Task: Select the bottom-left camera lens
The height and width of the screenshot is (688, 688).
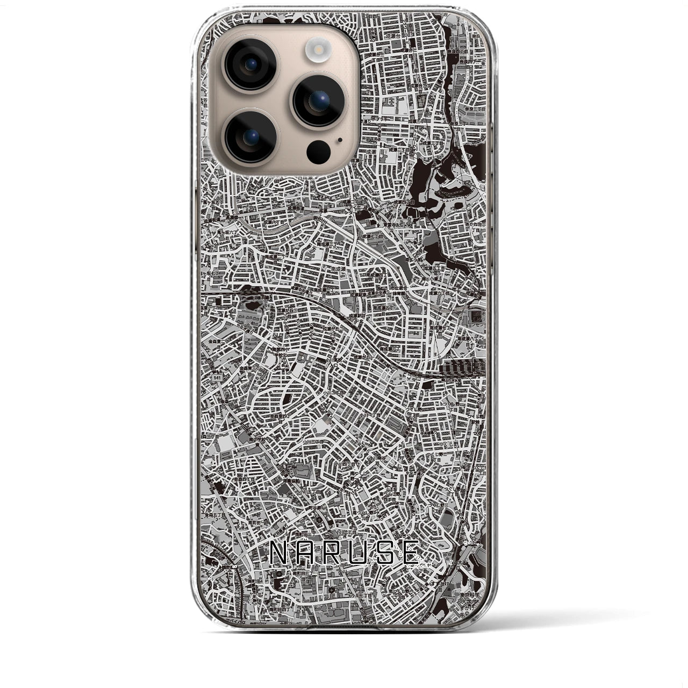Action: point(251,137)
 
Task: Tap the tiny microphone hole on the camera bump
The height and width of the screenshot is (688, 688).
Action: point(340,140)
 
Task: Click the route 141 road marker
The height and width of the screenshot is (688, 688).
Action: point(216,379)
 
